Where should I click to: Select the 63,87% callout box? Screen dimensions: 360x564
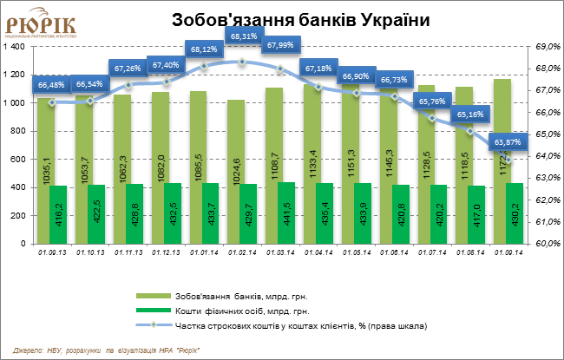click(x=508, y=141)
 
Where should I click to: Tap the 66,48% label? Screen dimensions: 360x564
click(x=52, y=84)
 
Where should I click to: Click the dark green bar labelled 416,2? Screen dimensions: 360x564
click(x=58, y=215)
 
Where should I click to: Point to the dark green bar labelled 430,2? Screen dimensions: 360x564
click(x=514, y=214)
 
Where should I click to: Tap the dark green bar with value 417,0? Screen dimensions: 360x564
click(x=476, y=215)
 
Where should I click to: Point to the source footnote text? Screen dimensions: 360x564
click(x=107, y=350)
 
